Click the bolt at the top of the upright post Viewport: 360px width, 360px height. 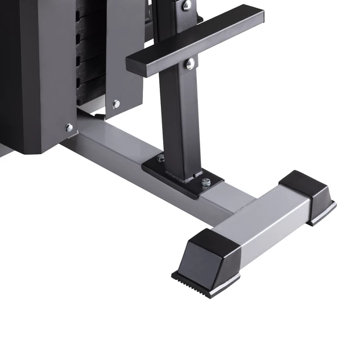click(186, 6)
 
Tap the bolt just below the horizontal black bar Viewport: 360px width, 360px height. click(190, 64)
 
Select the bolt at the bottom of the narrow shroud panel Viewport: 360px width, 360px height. click(116, 104)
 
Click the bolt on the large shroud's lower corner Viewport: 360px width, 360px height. click(69, 128)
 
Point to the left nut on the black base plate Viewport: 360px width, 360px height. click(161, 158)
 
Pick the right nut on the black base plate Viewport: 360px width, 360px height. click(206, 182)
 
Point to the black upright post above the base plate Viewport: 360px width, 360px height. click(179, 118)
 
